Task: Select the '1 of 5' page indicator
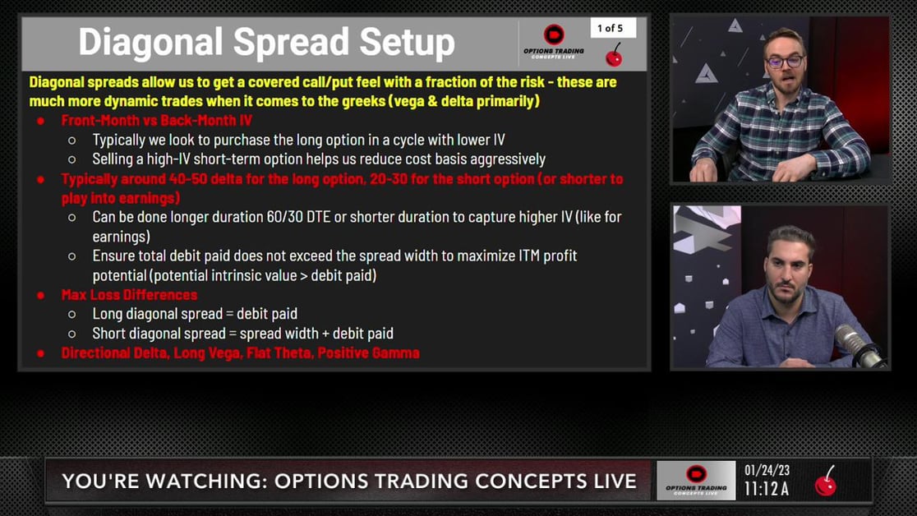(x=610, y=28)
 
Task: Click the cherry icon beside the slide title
(x=614, y=57)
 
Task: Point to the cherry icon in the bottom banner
(x=826, y=481)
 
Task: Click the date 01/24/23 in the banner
(x=767, y=471)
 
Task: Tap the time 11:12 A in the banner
(x=767, y=490)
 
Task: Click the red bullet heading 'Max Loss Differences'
(x=129, y=294)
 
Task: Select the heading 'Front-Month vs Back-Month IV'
(x=156, y=121)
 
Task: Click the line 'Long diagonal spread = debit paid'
(x=195, y=314)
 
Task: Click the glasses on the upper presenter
(x=784, y=62)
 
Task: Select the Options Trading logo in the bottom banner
(x=696, y=481)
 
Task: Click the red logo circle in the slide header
(x=554, y=35)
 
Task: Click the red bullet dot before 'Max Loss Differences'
(x=40, y=295)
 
